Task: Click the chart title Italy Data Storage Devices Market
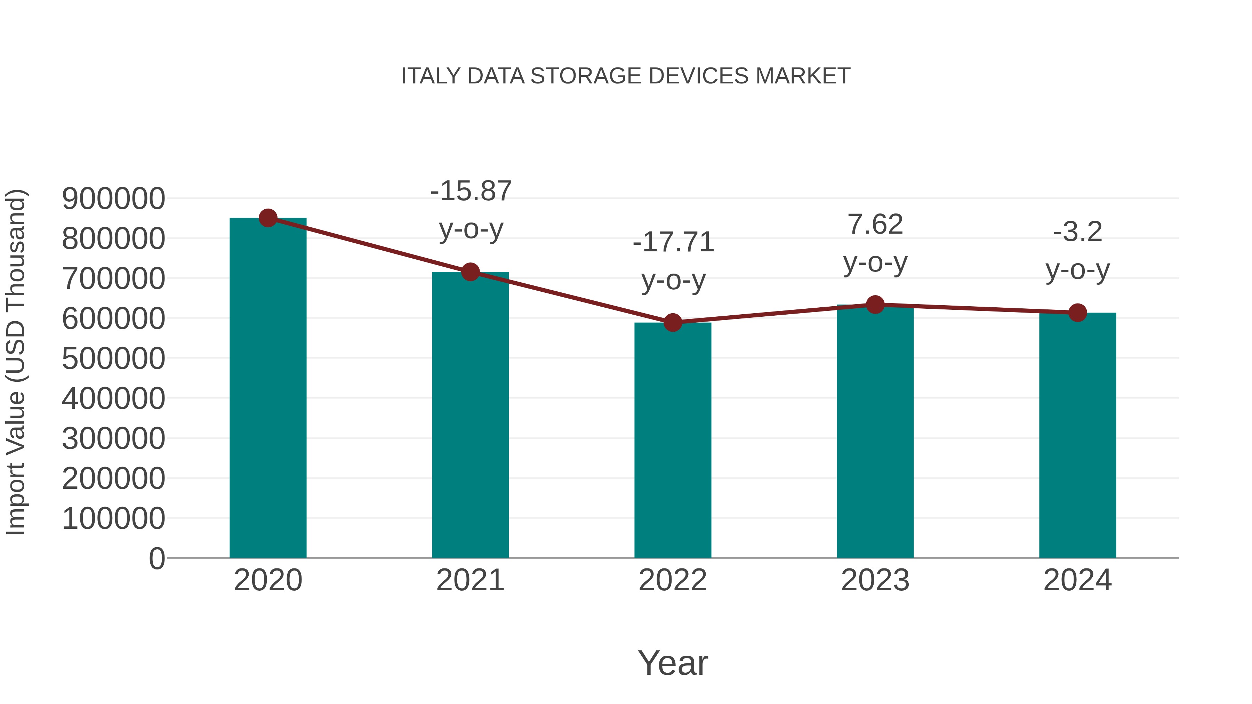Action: click(x=626, y=76)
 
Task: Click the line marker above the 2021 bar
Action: click(x=471, y=272)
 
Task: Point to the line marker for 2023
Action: click(x=875, y=305)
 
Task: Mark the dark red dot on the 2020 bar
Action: click(x=268, y=218)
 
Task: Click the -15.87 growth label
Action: click(x=471, y=191)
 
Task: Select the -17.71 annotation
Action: click(x=673, y=242)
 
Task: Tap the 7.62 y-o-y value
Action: click(x=875, y=225)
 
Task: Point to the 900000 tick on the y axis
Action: click(x=114, y=199)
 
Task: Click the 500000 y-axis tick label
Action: click(x=114, y=358)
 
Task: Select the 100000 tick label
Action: click(x=114, y=518)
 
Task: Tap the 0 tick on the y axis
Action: click(x=156, y=559)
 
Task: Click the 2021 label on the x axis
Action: click(x=471, y=580)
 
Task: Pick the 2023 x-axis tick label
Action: click(x=875, y=580)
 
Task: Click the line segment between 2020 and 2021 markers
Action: click(x=369, y=245)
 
